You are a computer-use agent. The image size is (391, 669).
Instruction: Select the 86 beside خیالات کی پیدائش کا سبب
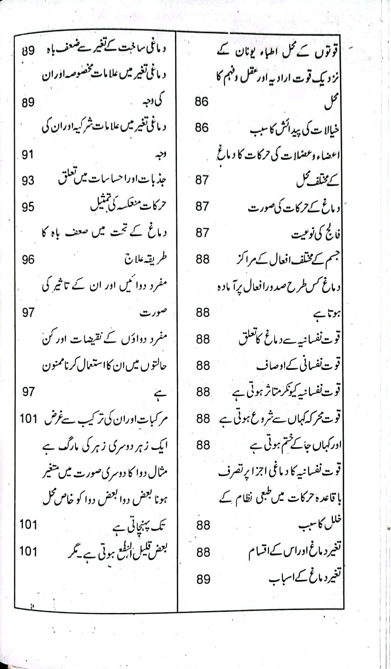pos(203,128)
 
